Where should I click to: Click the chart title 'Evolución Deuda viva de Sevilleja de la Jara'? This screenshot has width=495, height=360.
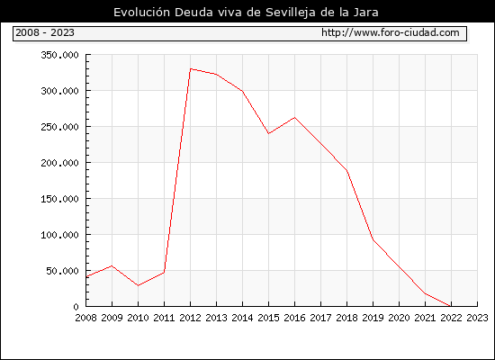(246, 13)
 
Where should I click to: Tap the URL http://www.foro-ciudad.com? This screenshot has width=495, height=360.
(391, 32)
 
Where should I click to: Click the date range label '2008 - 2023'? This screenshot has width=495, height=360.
(45, 32)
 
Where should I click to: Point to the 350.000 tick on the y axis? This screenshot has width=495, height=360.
(59, 55)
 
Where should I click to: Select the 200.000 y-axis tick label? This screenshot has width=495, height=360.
(59, 163)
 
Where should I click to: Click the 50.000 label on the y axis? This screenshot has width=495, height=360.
(62, 271)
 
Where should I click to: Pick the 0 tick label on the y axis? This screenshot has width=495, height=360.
(76, 307)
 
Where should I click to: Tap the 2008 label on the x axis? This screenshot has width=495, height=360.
(85, 318)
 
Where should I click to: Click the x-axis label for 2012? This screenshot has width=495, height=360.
(191, 318)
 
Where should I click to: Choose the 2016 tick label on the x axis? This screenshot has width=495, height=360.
(294, 318)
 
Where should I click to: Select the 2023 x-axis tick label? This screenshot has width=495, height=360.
(477, 318)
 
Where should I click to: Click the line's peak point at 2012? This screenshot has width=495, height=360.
(191, 68)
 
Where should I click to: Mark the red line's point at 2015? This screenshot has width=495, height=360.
(269, 133)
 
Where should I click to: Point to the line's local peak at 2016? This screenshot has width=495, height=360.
(294, 118)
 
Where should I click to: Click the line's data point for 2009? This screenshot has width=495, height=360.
(112, 265)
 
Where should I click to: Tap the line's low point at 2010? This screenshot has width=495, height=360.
(138, 285)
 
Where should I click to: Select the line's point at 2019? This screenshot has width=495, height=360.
(373, 240)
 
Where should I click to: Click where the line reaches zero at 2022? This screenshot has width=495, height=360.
(451, 306)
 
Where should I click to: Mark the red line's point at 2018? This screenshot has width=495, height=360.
(346, 170)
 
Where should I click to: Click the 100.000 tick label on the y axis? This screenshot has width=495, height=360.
(59, 235)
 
